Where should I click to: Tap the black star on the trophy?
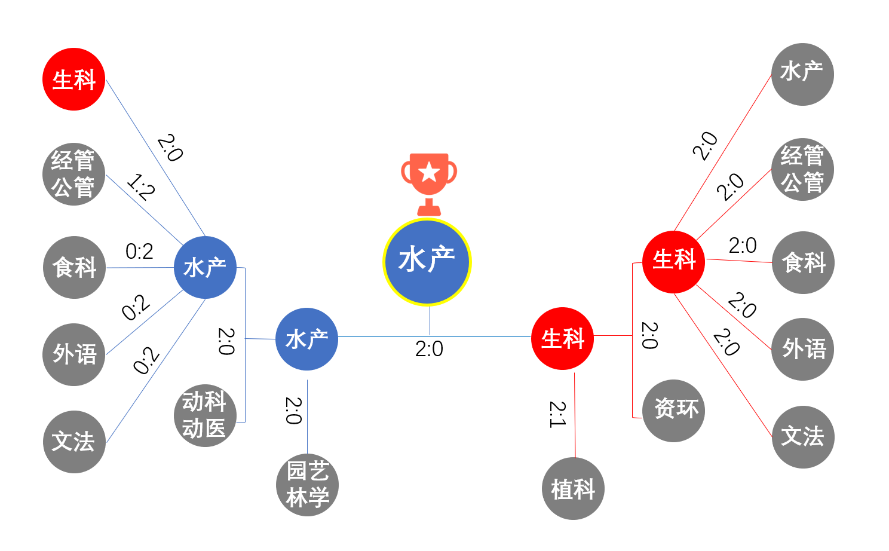tap(429, 173)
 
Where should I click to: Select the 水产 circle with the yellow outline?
tap(427, 262)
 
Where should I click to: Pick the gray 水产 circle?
tap(802, 74)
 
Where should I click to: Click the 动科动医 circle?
tap(205, 415)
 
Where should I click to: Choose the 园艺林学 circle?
tap(307, 485)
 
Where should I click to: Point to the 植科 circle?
tap(574, 488)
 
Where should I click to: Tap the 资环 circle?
tap(674, 411)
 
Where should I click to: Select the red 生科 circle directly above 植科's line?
tap(562, 339)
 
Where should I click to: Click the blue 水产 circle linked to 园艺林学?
tap(306, 339)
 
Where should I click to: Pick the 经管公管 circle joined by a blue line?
tap(73, 174)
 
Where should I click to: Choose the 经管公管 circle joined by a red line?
tap(802, 169)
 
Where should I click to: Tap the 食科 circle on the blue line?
tap(74, 267)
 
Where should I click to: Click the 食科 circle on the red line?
tap(803, 262)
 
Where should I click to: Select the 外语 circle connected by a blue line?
tap(74, 354)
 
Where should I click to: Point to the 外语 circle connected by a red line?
tap(803, 349)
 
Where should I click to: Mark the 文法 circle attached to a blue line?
tap(74, 442)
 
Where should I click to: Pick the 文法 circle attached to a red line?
tap(803, 437)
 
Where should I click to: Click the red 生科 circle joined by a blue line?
tap(74, 79)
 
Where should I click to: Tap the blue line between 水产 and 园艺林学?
tap(307, 412)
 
